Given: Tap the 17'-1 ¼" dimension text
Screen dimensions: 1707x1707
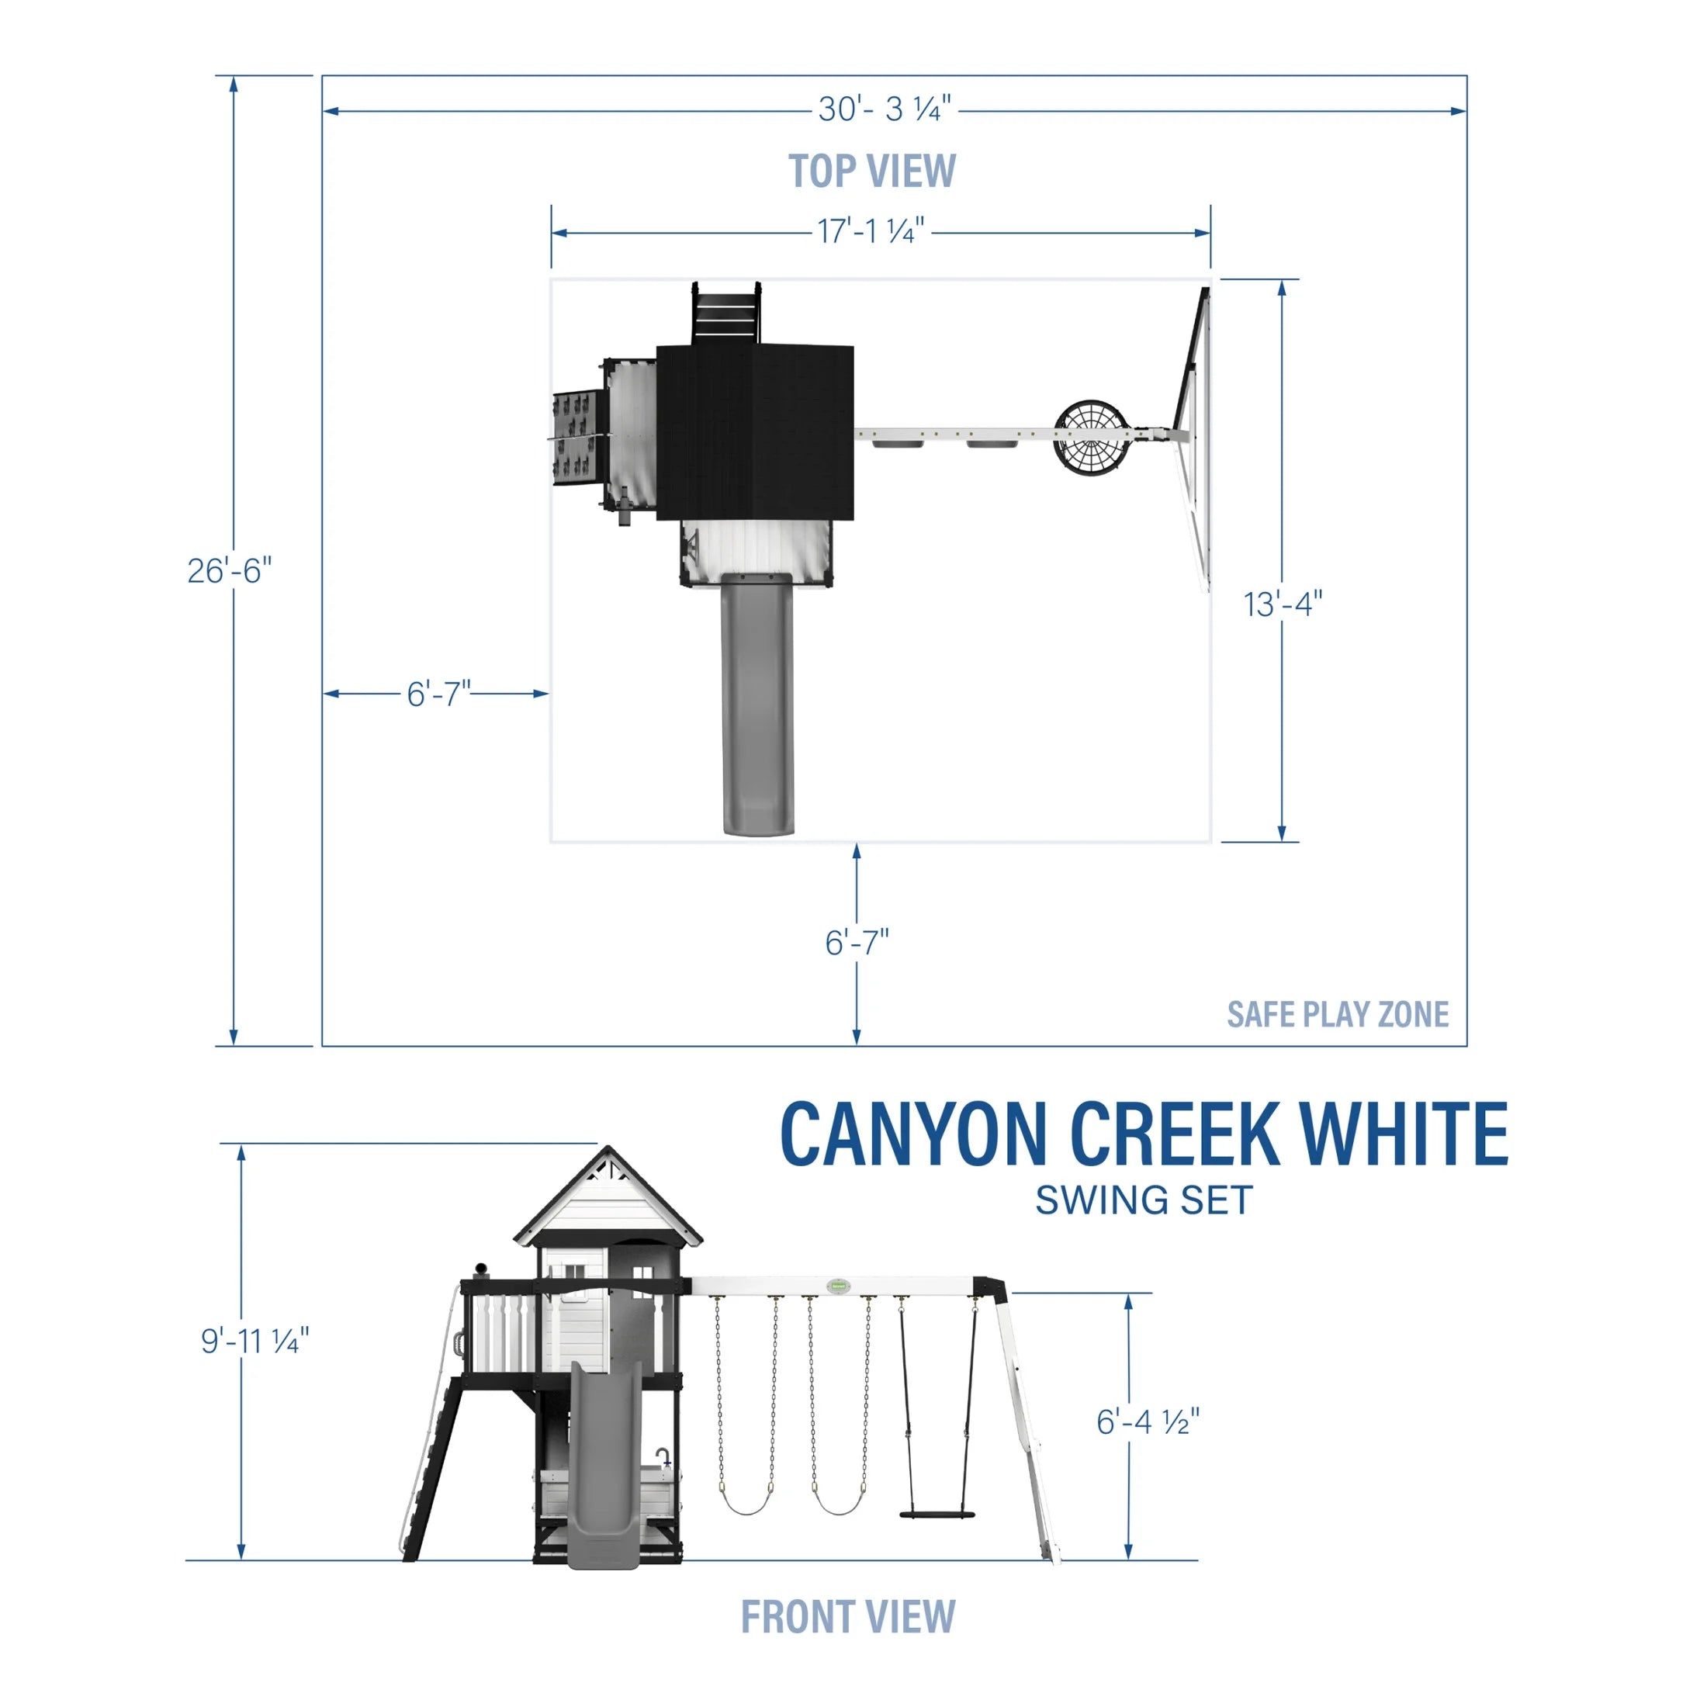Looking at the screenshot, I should [871, 231].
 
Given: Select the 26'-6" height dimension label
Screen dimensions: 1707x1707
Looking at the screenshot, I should [230, 571].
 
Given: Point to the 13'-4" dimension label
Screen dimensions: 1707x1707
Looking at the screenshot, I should [1282, 604].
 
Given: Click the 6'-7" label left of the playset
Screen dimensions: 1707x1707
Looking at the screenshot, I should [438, 694].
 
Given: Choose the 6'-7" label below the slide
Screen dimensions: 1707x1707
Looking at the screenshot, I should [856, 943].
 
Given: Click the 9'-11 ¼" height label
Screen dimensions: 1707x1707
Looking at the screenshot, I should [254, 1342].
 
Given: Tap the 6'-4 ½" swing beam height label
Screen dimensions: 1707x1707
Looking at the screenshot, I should [1148, 1421].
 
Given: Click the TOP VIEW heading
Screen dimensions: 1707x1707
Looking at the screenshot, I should [871, 171].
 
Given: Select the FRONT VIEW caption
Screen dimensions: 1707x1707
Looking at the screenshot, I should [847, 1616].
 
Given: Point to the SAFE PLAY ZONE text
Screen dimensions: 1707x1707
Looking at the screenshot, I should [1337, 1014].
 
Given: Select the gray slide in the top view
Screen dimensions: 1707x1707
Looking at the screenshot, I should [757, 707].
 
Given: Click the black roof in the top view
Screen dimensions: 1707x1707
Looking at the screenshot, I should [756, 433].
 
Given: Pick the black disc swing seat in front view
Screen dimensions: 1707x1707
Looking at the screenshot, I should [937, 1515].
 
